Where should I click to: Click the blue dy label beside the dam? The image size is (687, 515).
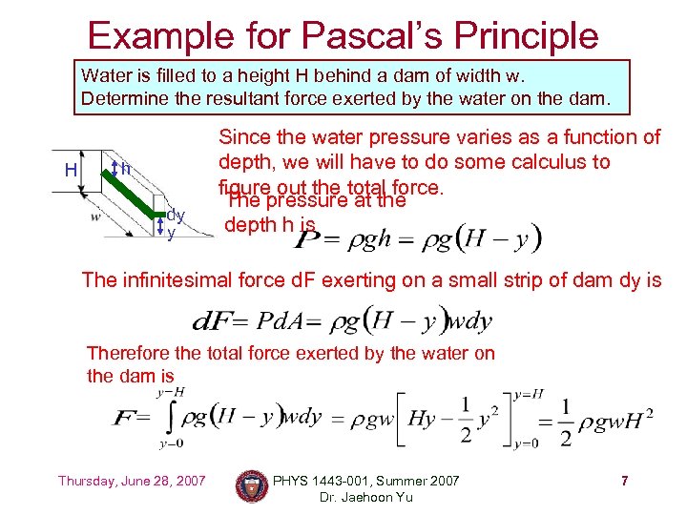[x=176, y=216]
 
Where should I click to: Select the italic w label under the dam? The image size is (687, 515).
[x=95, y=216]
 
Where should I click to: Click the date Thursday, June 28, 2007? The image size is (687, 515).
[x=132, y=481]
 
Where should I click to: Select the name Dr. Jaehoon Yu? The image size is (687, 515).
[x=366, y=497]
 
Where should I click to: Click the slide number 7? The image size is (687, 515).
[x=624, y=481]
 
